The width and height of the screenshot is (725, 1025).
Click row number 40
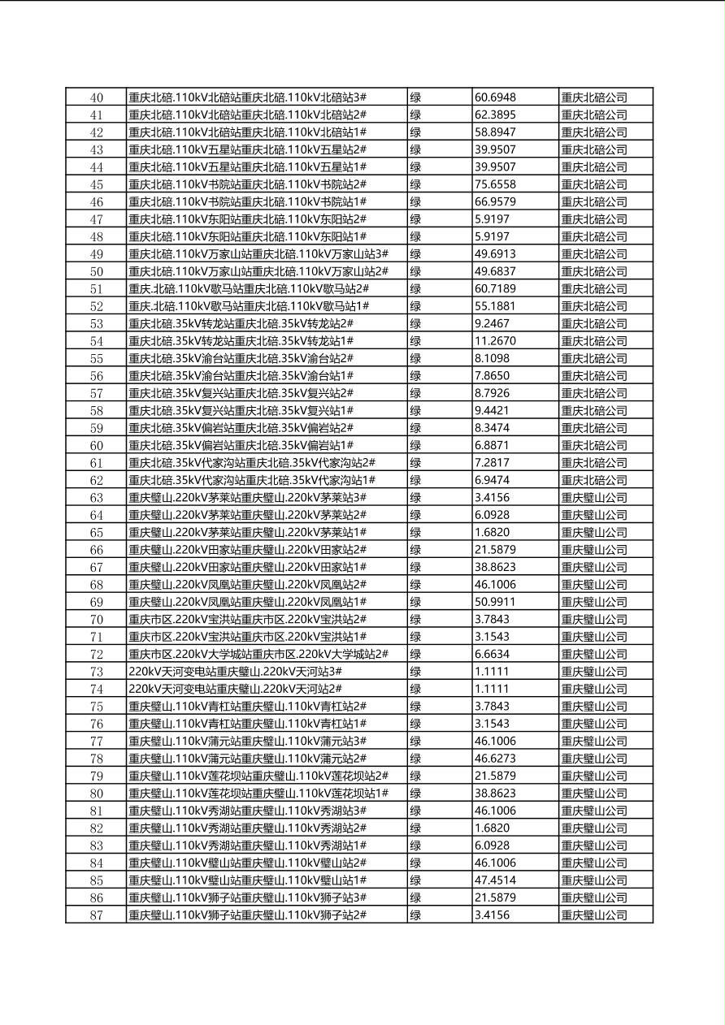pyautogui.click(x=97, y=97)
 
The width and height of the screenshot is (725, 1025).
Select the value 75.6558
pyautogui.click(x=495, y=184)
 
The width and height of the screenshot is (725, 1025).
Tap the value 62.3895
pyautogui.click(x=495, y=115)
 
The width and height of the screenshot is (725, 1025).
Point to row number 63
pyautogui.click(x=97, y=498)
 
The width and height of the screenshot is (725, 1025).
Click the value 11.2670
pyautogui.click(x=495, y=341)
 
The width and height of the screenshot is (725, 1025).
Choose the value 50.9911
pyautogui.click(x=495, y=602)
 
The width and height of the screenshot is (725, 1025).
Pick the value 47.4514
pyautogui.click(x=495, y=880)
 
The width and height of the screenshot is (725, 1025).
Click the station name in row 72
pyautogui.click(x=258, y=655)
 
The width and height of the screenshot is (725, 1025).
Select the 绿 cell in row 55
pyautogui.click(x=415, y=358)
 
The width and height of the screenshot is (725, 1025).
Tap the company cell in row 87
pyautogui.click(x=594, y=915)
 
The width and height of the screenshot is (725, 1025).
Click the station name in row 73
pyautogui.click(x=235, y=672)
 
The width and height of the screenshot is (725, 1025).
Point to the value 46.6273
pyautogui.click(x=495, y=759)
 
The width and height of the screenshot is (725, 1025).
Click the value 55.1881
pyautogui.click(x=495, y=306)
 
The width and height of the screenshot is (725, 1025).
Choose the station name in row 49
pyautogui.click(x=258, y=254)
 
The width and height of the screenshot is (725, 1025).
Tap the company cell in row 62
pyautogui.click(x=594, y=480)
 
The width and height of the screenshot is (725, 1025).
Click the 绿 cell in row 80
pyautogui.click(x=415, y=794)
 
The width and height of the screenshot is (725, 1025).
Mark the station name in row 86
pyautogui.click(x=248, y=897)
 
